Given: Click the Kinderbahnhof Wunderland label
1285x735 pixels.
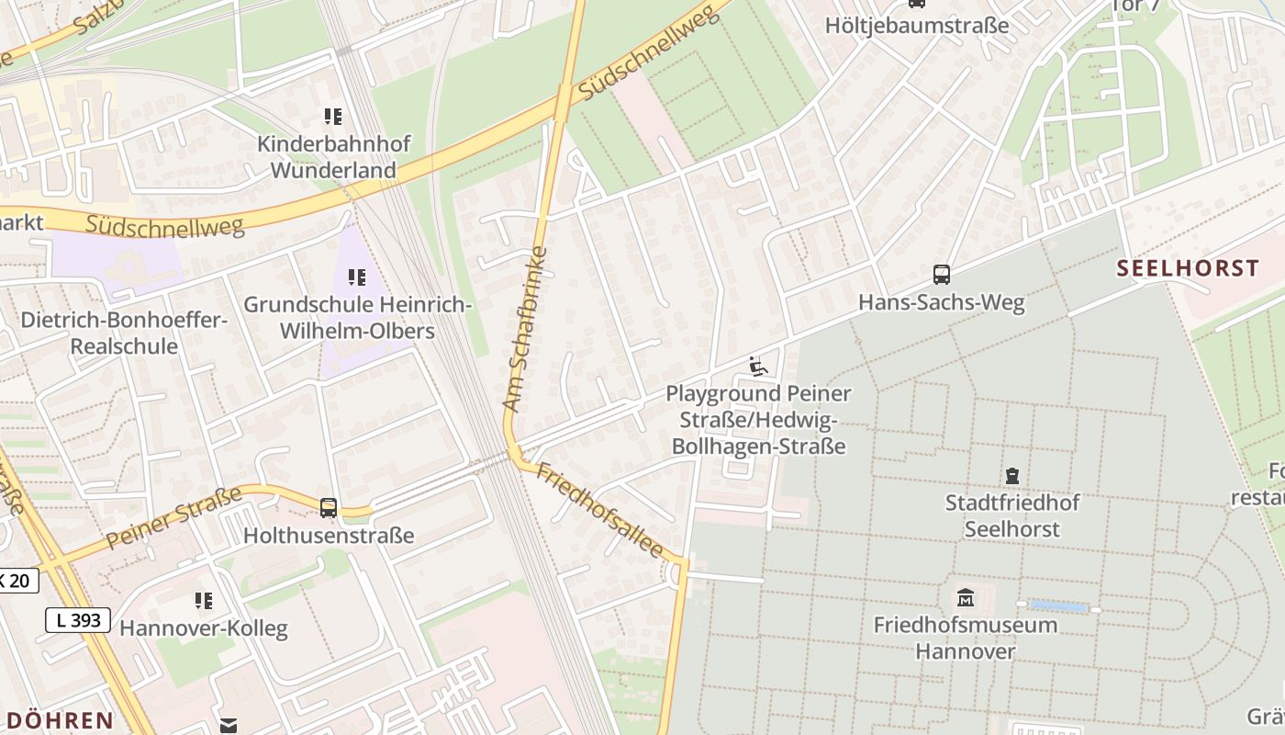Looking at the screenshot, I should coord(333,157).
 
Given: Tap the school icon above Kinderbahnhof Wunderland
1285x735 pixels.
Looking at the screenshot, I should coord(332,117).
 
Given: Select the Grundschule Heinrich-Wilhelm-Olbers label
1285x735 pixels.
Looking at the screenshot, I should coord(357,317).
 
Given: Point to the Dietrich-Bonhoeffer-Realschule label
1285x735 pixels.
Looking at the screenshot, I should coord(124,334).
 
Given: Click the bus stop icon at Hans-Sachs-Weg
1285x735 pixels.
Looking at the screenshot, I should coord(941,275).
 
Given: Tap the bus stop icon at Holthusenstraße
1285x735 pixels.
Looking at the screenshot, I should coord(328,507).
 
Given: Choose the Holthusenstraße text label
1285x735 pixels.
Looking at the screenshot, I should coord(329,535).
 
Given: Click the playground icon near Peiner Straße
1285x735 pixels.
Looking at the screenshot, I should coord(758,367).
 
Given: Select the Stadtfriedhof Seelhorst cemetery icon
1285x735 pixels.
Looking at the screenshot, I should coord(1012,476).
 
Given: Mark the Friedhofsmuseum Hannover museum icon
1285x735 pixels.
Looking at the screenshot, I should coord(965,598).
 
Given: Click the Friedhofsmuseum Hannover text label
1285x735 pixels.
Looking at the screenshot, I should coord(965,638).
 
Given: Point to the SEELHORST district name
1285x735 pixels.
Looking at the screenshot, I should coord(1188,268).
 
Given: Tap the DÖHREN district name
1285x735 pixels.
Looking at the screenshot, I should coord(58,719).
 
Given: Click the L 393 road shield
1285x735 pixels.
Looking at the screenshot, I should coord(78,620).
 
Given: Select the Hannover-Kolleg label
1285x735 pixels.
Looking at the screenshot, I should coord(204,628).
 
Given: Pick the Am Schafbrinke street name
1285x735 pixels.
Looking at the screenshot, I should coord(525,328).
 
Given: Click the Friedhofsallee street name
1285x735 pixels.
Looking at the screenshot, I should coord(600,510).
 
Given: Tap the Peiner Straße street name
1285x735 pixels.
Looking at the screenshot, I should coord(173,517).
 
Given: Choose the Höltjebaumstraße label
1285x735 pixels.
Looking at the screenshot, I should coord(916,25).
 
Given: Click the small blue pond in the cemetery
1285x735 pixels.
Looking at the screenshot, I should coord(1058,606).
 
